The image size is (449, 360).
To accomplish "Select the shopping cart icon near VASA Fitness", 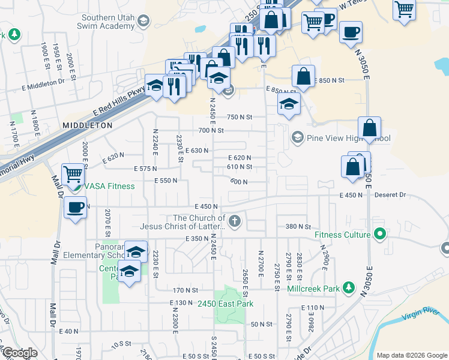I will coord(73,175).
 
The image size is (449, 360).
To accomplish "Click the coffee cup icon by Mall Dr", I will coord(75,208).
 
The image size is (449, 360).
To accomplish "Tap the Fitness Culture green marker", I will coord(379,234).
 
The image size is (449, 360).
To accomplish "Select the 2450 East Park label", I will coord(226,304).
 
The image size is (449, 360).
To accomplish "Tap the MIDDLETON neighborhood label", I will coord(87,125).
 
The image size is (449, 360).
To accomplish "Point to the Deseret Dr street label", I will coord(390,195).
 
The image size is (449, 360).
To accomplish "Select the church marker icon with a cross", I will coord(234,222).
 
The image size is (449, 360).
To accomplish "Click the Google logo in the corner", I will coord(20,353).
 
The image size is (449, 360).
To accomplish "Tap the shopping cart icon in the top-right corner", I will coord(405,10).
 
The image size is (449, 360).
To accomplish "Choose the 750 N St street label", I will coord(240,118).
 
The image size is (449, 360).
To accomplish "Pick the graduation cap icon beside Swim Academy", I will coord(143,22).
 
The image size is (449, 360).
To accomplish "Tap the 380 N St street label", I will coord(298,227).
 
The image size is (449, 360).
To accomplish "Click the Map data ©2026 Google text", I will coord(411,355).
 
